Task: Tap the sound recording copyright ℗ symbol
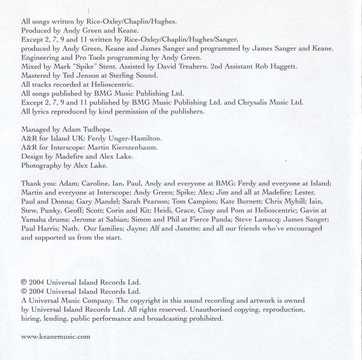[24, 282]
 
